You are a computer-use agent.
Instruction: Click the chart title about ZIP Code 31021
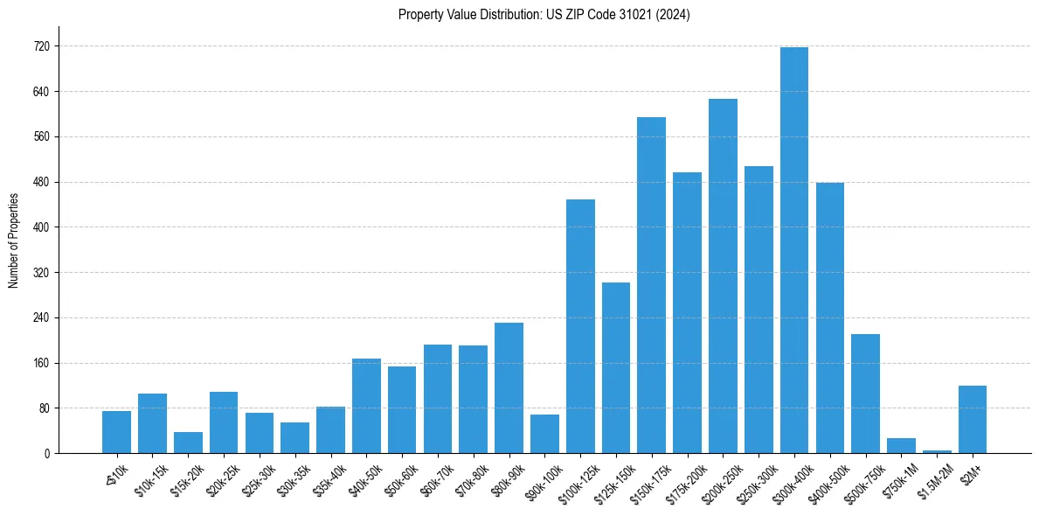point(544,15)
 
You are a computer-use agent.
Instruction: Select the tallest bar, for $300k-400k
point(793,250)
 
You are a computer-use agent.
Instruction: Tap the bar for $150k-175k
point(651,285)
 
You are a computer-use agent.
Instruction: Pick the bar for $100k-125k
point(580,326)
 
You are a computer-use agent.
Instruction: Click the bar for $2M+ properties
point(972,420)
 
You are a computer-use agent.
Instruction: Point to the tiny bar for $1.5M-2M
point(937,451)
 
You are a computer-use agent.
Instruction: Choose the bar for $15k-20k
point(188,443)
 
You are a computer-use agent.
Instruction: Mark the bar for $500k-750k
point(865,394)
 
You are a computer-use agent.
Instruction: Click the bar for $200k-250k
point(723,276)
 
